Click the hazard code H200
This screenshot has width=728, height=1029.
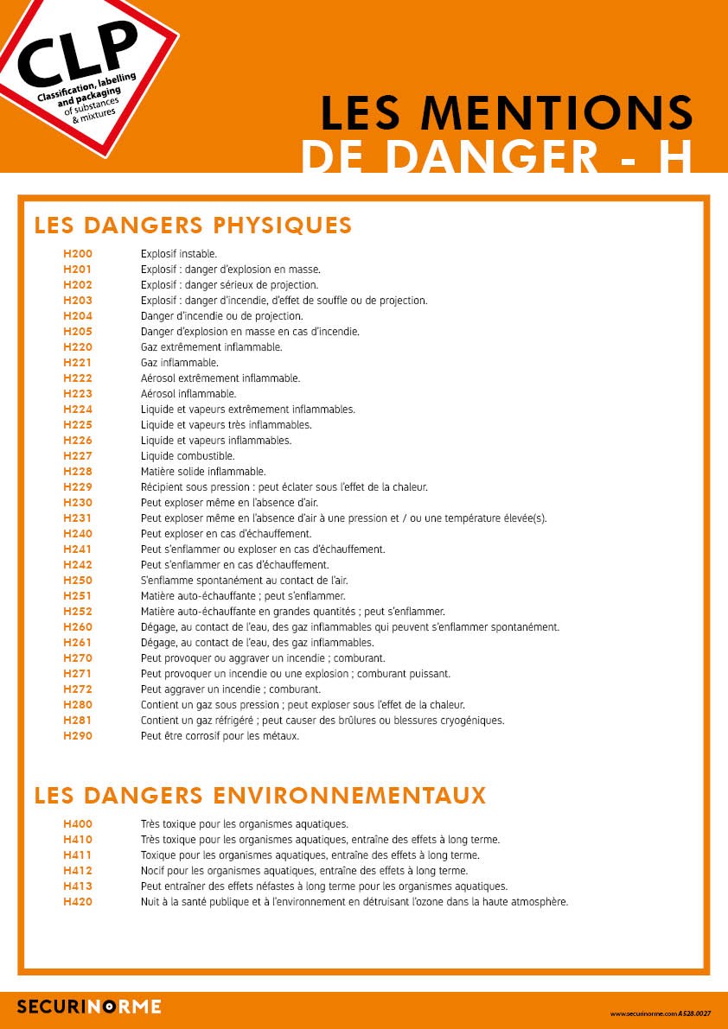[78, 254]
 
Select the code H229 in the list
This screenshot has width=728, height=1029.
[78, 487]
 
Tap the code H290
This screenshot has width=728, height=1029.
[78, 736]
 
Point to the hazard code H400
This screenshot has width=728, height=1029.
[78, 824]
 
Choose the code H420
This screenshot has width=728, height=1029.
[78, 902]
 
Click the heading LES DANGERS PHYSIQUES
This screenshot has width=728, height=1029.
[193, 225]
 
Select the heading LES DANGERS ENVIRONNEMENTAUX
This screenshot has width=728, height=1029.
[260, 795]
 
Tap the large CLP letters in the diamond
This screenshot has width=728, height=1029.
[77, 52]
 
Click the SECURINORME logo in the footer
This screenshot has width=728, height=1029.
[89, 1007]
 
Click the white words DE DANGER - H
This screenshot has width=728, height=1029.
[497, 156]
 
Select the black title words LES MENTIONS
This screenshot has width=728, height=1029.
[507, 111]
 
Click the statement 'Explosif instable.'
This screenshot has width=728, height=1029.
[179, 254]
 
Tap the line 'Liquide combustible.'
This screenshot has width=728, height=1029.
[188, 456]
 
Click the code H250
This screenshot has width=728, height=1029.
[78, 581]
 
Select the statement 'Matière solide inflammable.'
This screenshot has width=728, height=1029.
[203, 472]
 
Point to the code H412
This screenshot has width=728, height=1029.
[78, 871]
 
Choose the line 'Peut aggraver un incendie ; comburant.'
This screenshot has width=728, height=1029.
[231, 689]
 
